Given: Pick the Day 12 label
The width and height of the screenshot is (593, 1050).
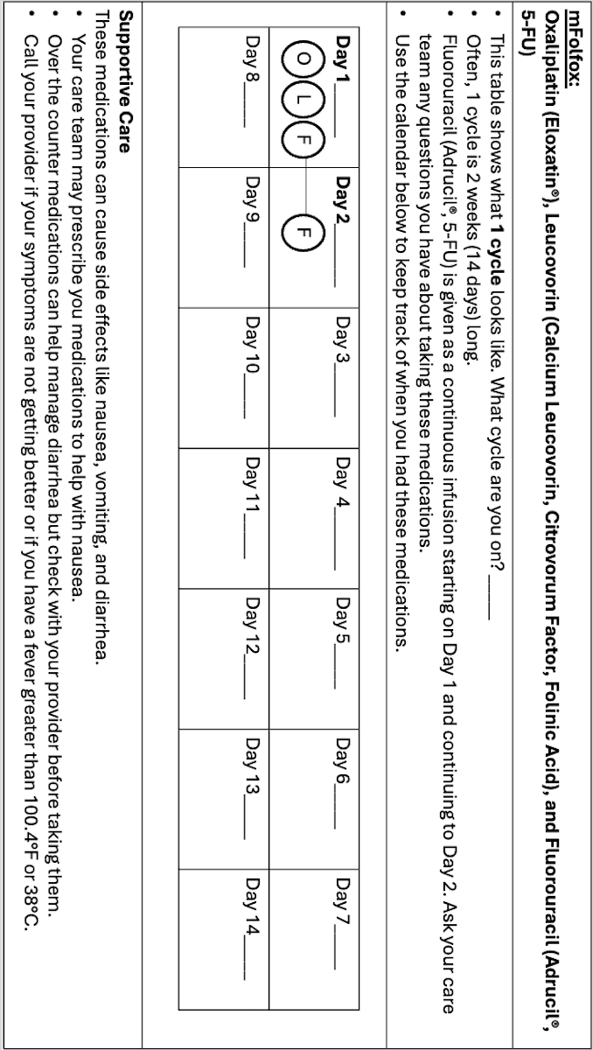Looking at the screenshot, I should coord(254,612).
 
